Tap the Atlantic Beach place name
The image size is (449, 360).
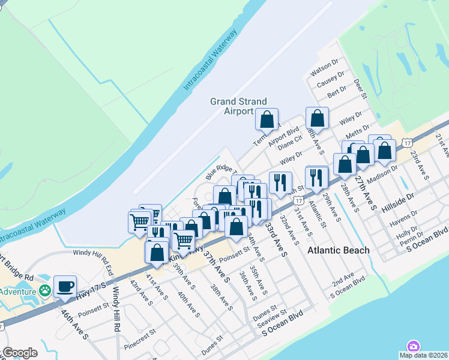pos(339,250)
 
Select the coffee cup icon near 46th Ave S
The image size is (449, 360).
pos(65,286)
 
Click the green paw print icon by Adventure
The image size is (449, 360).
pos(45,290)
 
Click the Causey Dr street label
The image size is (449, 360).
pos(331,80)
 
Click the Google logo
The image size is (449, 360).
pos(19,353)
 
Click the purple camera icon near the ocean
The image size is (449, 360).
pos(413,347)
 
